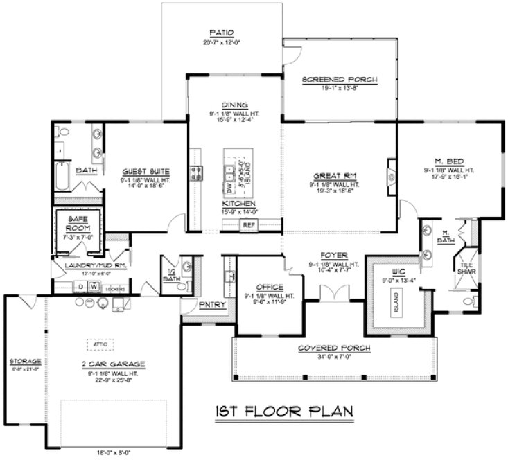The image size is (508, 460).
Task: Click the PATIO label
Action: tap(222, 33)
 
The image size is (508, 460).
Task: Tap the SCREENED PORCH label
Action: tap(340, 80)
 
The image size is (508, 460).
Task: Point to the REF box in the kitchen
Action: tap(248, 224)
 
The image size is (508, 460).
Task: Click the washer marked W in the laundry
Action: tap(91, 285)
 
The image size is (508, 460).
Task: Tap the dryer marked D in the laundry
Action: tap(80, 285)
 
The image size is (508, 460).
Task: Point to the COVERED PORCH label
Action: tap(333, 348)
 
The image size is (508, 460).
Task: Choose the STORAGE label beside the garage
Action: tap(25, 361)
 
